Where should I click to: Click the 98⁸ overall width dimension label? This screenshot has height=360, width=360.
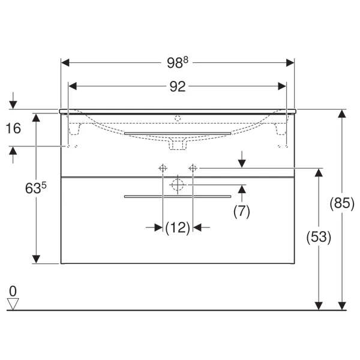click(x=178, y=62)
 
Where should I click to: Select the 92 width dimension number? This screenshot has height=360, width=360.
click(x=178, y=87)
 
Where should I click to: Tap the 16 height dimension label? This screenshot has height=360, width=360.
click(x=13, y=128)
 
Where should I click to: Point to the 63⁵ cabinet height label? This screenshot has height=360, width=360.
click(x=36, y=188)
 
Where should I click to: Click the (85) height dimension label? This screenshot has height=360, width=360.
click(x=342, y=203)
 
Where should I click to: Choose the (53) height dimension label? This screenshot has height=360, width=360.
click(x=319, y=237)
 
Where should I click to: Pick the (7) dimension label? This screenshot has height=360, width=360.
click(x=242, y=211)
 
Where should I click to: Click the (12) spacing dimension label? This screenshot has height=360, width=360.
click(x=178, y=228)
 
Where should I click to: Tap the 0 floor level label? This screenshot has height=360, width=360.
click(x=13, y=292)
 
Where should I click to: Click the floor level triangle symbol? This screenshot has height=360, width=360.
click(x=13, y=304)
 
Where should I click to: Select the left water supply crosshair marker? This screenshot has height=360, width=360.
click(x=163, y=168)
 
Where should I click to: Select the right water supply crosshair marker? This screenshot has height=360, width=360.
click(x=193, y=168)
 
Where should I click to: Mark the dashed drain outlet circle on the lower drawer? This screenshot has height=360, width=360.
click(x=178, y=185)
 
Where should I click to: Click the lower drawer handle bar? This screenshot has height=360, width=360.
click(x=178, y=197)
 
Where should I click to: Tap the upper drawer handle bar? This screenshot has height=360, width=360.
click(x=178, y=133)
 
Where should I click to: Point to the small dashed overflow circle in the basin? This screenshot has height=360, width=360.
click(x=178, y=118)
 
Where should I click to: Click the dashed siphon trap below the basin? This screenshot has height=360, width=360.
click(x=178, y=144)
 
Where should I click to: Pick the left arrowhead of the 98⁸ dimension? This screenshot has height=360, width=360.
click(x=65, y=62)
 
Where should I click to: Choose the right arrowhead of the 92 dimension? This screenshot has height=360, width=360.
click(x=282, y=86)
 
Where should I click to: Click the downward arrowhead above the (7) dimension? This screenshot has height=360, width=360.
click(x=242, y=164)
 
